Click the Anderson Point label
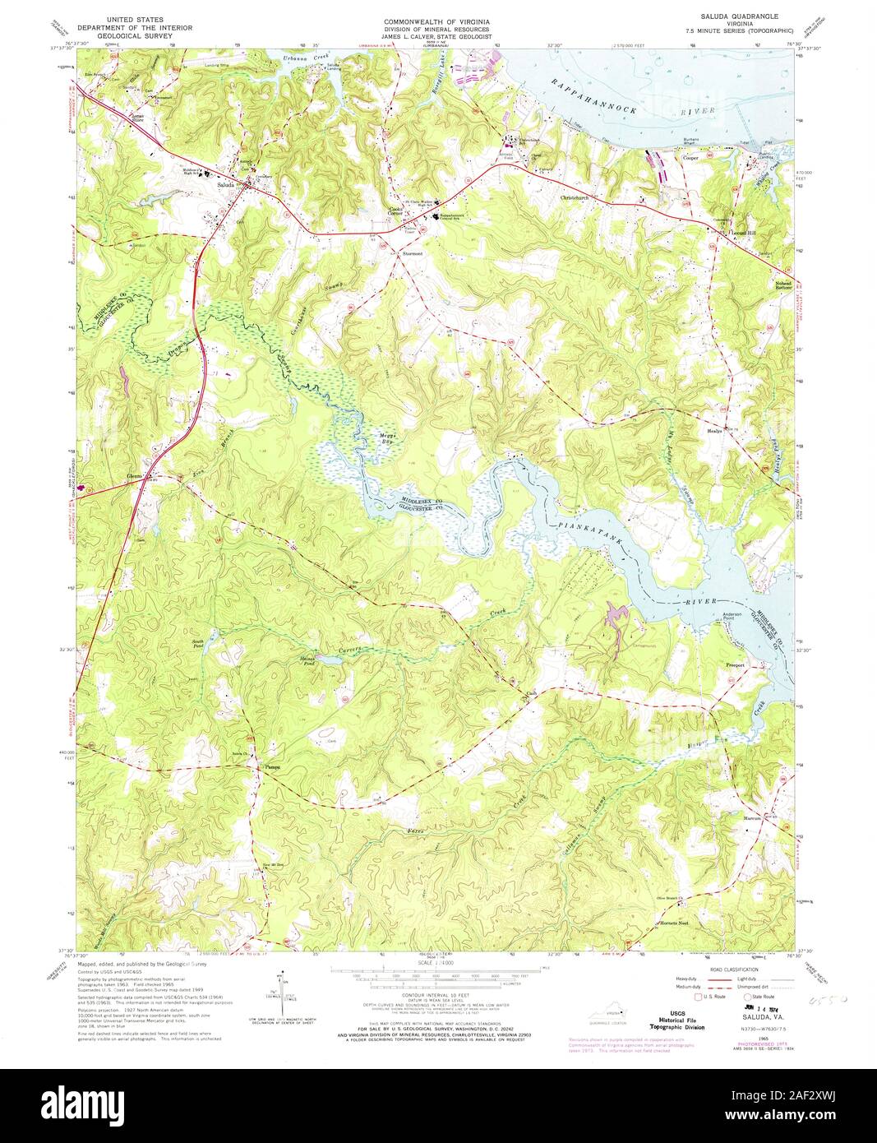click(732, 618)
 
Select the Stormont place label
click(412, 254)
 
